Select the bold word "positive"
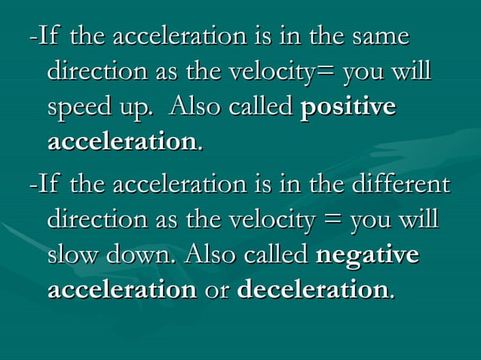tap(348, 108)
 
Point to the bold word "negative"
tap(367, 255)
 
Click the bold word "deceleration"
tap(313, 290)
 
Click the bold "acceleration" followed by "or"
tap(121, 290)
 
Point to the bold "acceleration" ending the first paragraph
tap(121, 142)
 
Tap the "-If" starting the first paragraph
tap(44, 36)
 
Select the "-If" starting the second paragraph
tap(44, 185)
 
